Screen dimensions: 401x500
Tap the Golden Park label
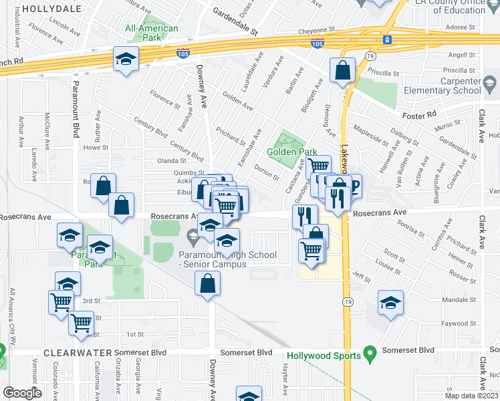tap(291, 152)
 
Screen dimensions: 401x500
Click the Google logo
tap(22, 392)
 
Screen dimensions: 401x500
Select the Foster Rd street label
tap(419, 116)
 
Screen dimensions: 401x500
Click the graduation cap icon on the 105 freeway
tap(125, 59)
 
